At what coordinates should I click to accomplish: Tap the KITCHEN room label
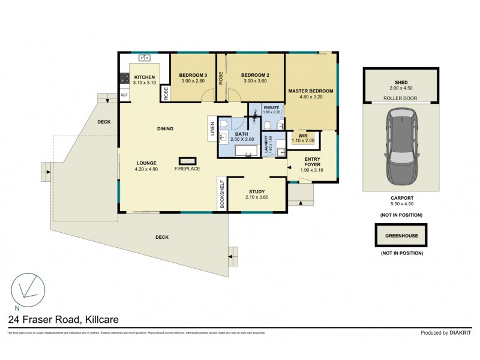coord(145,77)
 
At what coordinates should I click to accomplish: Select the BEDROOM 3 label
coord(192,75)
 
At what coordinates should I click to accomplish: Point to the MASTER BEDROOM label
coord(310,91)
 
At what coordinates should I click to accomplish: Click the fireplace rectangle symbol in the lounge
coord(188,160)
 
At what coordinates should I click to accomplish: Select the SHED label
coord(401,83)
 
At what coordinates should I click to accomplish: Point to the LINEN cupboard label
coord(212,129)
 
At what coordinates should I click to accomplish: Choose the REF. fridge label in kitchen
coord(124,95)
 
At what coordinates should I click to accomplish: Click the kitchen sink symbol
coord(144,58)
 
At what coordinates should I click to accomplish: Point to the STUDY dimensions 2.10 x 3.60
coord(257,197)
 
